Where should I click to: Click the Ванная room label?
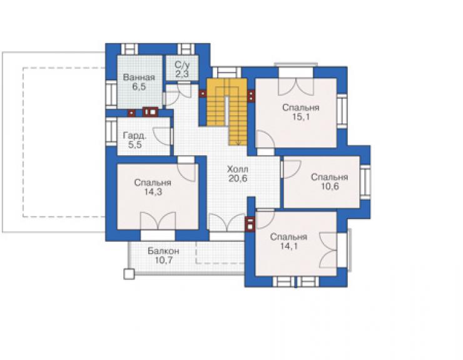click(x=139, y=78)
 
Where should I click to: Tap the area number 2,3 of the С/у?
click(x=182, y=74)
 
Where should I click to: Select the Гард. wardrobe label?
click(x=135, y=136)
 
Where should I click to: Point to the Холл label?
click(x=238, y=170)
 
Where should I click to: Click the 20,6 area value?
click(x=238, y=178)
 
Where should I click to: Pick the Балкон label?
click(x=163, y=251)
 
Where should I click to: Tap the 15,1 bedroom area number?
click(x=301, y=116)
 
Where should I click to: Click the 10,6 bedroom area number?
click(x=330, y=186)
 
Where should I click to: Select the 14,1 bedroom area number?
click(x=289, y=246)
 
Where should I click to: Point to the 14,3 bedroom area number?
click(x=153, y=192)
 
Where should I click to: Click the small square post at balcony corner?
click(x=129, y=274)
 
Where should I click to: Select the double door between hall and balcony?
click(x=226, y=223)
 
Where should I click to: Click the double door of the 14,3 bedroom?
click(x=158, y=221)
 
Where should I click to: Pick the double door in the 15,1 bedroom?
click(x=295, y=86)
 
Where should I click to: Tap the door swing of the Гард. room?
click(x=161, y=136)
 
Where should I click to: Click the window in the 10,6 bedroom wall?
click(x=365, y=182)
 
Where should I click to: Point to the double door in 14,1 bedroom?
click(x=328, y=250)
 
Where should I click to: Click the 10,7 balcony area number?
click(x=163, y=260)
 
